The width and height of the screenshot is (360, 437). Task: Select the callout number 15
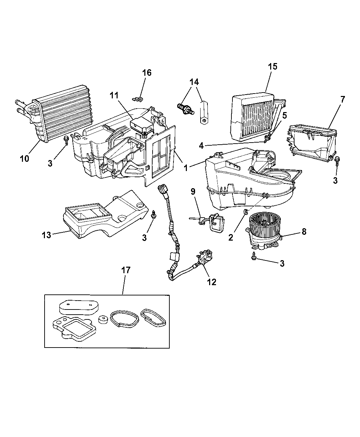(273, 66)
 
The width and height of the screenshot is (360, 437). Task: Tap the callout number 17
(126, 270)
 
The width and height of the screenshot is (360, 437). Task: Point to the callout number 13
(46, 235)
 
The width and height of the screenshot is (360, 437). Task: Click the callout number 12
(212, 282)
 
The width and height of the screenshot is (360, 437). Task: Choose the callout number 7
(343, 100)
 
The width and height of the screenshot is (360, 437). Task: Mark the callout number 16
(147, 73)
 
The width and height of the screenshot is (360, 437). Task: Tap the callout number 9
(193, 191)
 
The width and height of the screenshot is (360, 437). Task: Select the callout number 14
(194, 82)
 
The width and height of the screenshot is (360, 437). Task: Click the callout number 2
(231, 237)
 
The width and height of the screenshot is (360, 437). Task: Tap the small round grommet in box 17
(103, 320)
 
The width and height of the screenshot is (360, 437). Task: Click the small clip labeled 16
(138, 99)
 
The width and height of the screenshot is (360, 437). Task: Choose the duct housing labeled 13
(103, 216)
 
